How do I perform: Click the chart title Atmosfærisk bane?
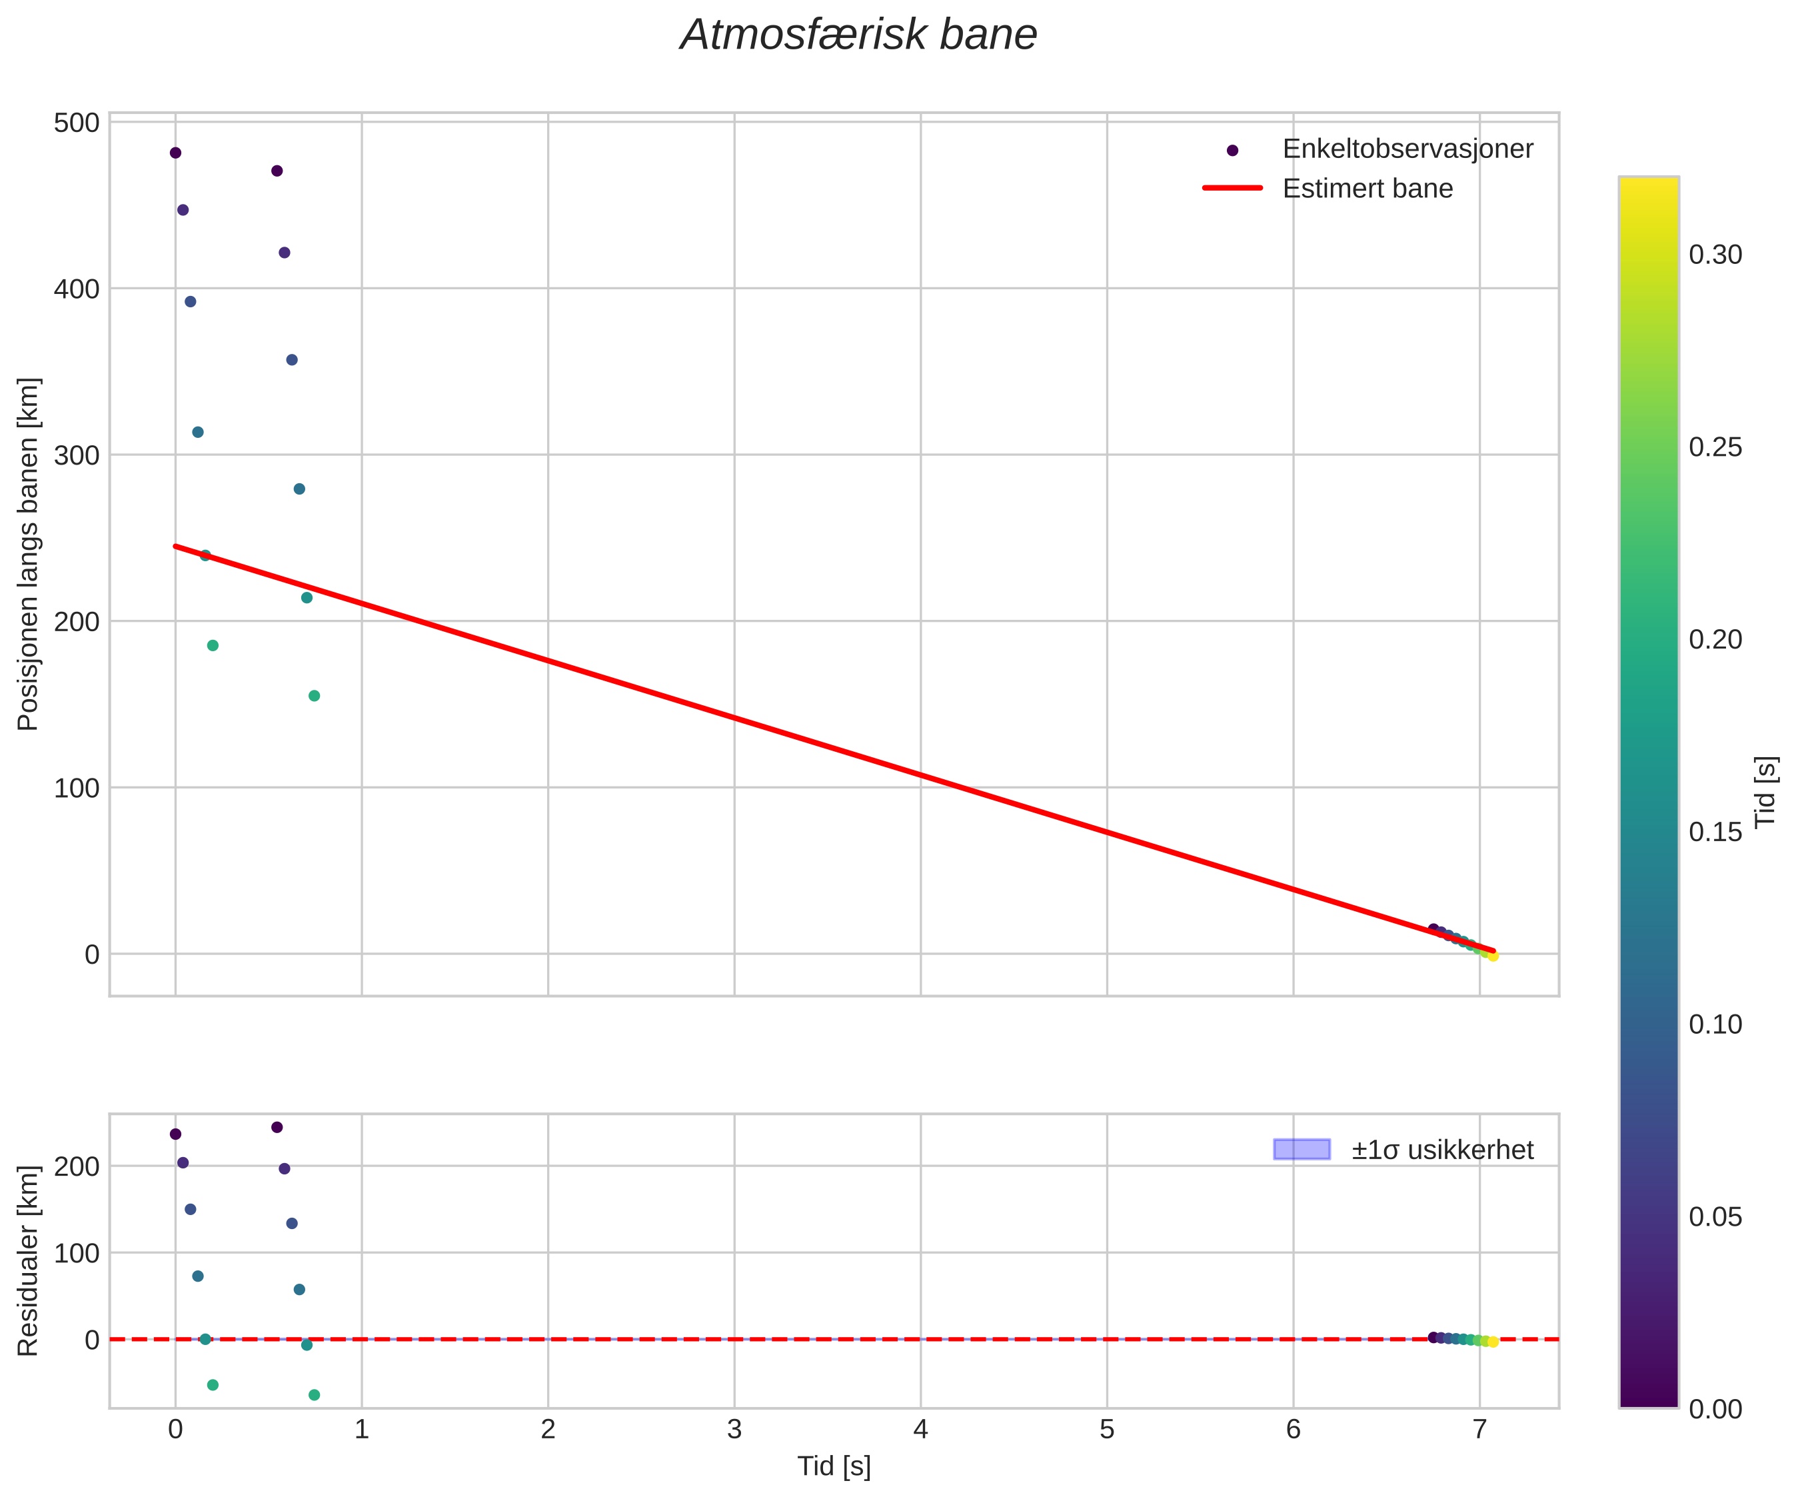(858, 36)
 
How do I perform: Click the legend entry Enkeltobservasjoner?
(1407, 149)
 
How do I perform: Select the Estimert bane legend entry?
(1367, 188)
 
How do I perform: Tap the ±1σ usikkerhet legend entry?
(1442, 1150)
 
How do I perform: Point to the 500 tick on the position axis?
(77, 123)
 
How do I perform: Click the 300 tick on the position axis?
(77, 455)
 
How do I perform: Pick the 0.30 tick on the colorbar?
(1715, 255)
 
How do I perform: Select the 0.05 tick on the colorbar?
(1715, 1216)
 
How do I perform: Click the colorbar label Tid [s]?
(1765, 791)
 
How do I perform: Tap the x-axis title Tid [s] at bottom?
(834, 1466)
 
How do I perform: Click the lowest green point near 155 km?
(314, 695)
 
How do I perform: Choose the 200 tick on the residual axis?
(77, 1166)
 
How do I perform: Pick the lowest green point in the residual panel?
(314, 1395)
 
